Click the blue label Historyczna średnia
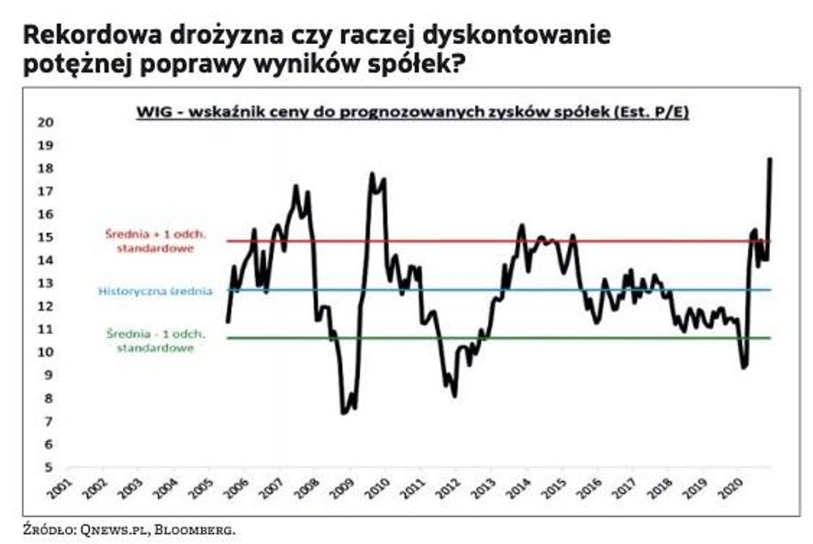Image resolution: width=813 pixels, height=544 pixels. (155, 291)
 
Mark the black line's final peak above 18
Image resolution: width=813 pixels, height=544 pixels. (769, 160)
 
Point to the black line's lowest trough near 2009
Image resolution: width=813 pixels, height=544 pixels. (344, 412)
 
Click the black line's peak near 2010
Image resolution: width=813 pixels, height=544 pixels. (373, 173)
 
